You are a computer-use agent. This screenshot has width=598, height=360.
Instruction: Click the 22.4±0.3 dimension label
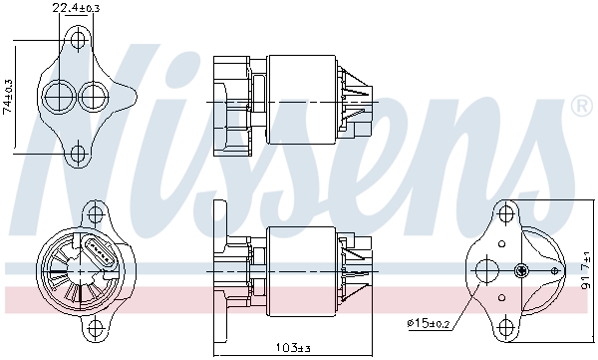click(77, 9)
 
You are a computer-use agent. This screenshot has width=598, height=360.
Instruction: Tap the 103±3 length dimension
click(292, 348)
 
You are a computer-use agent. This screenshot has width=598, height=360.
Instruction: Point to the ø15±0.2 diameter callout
click(430, 323)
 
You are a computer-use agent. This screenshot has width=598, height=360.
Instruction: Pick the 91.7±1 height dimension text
click(588, 268)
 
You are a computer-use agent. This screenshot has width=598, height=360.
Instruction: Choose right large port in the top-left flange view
click(93, 96)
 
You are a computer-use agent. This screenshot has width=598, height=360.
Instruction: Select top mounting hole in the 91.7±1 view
click(504, 212)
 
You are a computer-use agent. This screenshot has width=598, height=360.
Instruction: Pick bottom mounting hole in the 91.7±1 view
click(504, 324)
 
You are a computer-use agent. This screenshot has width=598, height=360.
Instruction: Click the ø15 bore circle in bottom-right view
click(487, 269)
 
